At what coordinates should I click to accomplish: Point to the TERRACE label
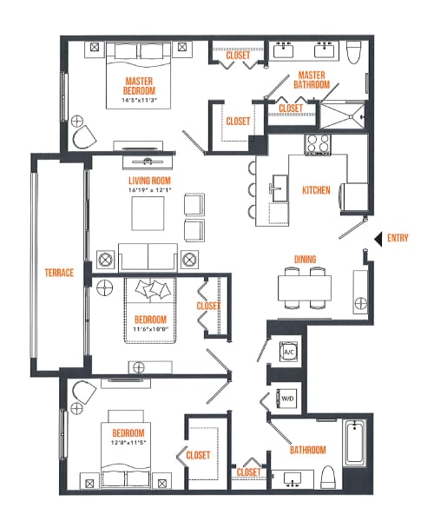point(60,273)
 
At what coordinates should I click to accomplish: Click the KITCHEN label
point(316,189)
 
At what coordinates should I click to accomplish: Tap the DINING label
point(305,258)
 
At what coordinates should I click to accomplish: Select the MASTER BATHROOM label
point(313,80)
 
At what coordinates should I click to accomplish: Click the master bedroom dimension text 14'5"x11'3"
point(139,101)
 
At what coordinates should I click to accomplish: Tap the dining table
point(304,287)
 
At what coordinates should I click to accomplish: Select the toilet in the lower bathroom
point(328,477)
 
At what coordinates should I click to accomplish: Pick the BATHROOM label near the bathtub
point(307,450)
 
